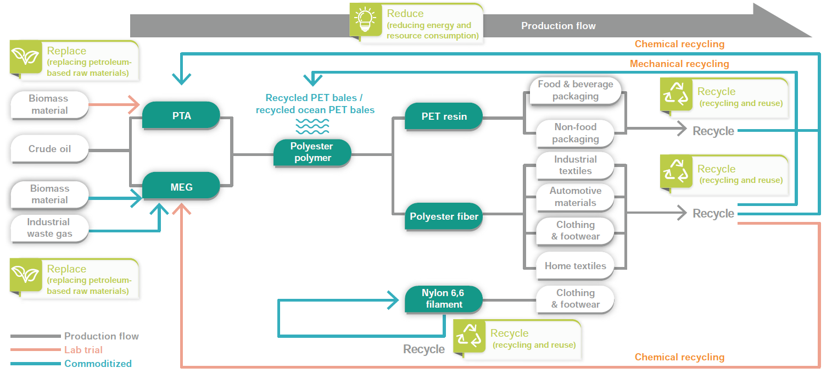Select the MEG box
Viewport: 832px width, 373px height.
[181, 187]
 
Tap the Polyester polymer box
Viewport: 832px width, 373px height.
[312, 152]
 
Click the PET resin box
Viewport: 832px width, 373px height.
[444, 116]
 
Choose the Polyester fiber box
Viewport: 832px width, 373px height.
[444, 216]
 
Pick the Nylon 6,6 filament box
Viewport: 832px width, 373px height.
[443, 299]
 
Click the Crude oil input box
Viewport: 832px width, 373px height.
[49, 149]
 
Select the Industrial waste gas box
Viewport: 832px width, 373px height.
[49, 228]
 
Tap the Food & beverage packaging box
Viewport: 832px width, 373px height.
[575, 90]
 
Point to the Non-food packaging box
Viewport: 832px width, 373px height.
[575, 133]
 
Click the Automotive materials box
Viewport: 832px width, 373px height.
[575, 197]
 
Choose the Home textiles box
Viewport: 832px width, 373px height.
[575, 266]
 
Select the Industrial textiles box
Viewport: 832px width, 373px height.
[575, 165]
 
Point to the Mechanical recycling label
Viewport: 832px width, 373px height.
[679, 64]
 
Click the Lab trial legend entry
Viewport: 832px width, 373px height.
[83, 350]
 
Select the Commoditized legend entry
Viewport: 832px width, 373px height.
[98, 364]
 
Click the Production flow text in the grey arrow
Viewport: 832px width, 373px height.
[558, 26]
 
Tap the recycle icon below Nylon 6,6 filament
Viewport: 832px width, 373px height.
[470, 336]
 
